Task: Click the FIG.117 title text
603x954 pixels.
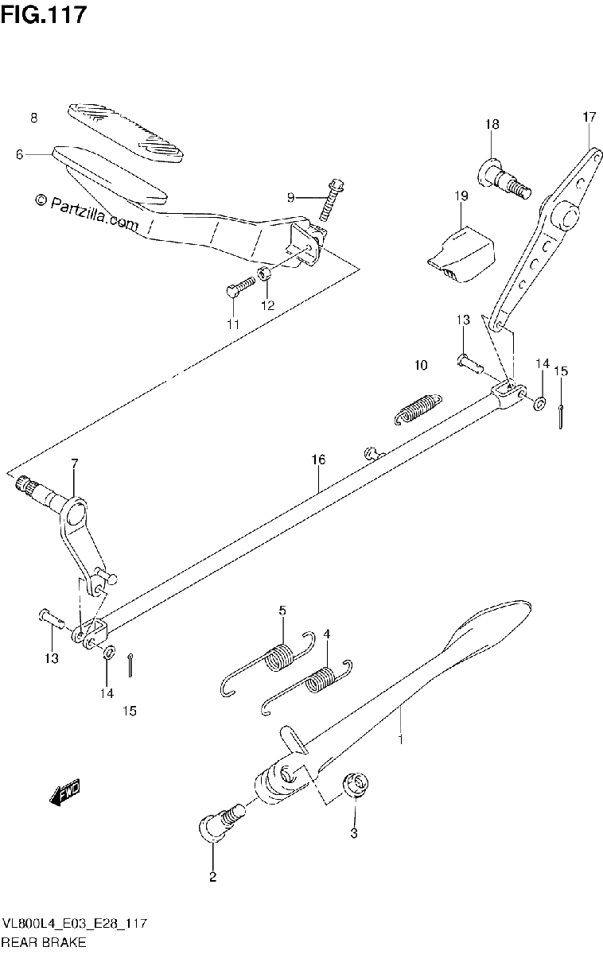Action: click(43, 14)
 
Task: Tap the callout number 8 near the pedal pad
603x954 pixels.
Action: click(34, 118)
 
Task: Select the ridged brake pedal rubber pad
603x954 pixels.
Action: click(126, 133)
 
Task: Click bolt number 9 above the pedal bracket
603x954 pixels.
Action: click(331, 200)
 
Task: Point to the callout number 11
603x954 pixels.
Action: click(232, 324)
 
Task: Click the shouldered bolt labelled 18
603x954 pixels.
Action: click(504, 178)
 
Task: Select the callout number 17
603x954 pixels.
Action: click(589, 117)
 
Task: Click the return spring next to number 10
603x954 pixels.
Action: click(418, 409)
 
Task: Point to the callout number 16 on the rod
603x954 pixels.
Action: click(318, 460)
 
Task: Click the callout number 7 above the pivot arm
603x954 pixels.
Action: click(75, 463)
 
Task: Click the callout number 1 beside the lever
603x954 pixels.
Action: click(400, 739)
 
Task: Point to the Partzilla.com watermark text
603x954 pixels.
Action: click(87, 213)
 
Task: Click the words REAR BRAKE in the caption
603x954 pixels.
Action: click(44, 942)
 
